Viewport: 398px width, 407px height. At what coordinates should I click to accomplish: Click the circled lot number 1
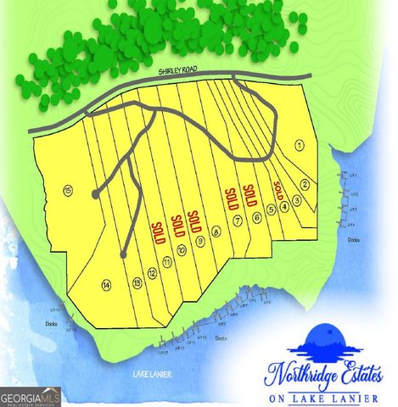click(x=299, y=145)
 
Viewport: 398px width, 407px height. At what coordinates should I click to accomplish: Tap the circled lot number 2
click(x=305, y=185)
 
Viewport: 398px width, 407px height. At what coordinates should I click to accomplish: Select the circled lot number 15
click(x=67, y=191)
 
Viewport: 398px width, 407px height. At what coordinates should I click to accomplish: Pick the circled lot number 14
click(x=106, y=284)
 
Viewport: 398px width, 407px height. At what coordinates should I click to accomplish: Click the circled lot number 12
click(x=151, y=273)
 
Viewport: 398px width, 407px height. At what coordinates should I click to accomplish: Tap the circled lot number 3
click(x=296, y=200)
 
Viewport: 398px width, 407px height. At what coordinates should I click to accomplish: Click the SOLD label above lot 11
click(x=158, y=231)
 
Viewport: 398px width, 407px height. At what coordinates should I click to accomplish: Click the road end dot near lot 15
click(x=94, y=194)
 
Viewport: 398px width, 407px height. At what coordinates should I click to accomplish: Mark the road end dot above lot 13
click(x=124, y=254)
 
